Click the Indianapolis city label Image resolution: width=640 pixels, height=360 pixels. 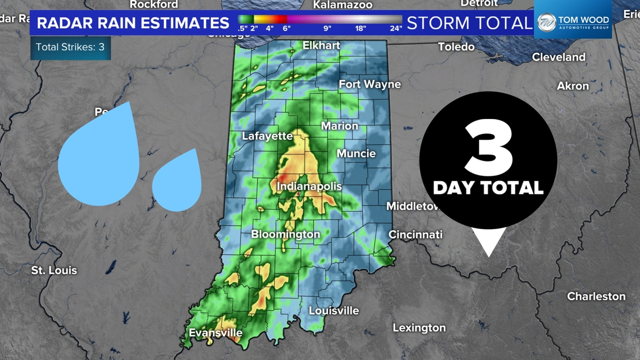pyautogui.click(x=309, y=186)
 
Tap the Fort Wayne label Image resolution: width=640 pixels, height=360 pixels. pyautogui.click(x=369, y=84)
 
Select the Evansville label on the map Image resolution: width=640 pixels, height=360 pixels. pyautogui.click(x=216, y=332)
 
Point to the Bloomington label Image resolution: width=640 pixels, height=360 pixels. pyautogui.click(x=285, y=234)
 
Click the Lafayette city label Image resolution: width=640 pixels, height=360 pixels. pyautogui.click(x=267, y=136)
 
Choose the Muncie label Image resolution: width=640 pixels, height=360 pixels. pyautogui.click(x=356, y=153)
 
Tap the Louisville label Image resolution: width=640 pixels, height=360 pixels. pyautogui.click(x=333, y=311)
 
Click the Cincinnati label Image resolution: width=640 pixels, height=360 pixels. pyautogui.click(x=415, y=234)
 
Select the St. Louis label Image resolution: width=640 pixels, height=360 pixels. pyautogui.click(x=54, y=270)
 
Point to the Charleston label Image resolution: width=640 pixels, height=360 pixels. pyautogui.click(x=596, y=296)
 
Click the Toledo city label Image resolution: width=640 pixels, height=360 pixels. pyautogui.click(x=456, y=47)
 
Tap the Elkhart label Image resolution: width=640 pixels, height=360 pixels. pyautogui.click(x=321, y=45)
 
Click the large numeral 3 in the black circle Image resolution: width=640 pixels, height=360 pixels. pyautogui.click(x=488, y=149)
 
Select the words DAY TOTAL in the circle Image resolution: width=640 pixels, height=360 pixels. pyautogui.click(x=488, y=188)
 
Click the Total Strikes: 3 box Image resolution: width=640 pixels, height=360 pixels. pyautogui.click(x=70, y=47)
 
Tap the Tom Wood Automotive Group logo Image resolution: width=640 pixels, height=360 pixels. pyautogui.click(x=573, y=22)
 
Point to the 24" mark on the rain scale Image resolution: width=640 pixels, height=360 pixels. pyautogui.click(x=396, y=28)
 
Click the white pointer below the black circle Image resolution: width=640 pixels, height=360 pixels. pyautogui.click(x=488, y=241)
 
